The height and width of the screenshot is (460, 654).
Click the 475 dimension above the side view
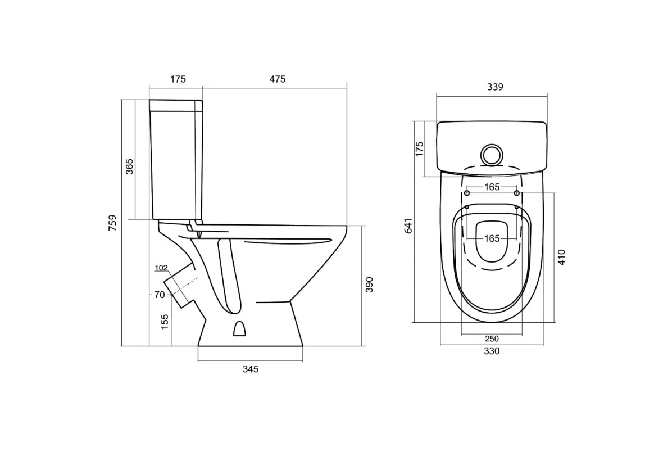click(278, 79)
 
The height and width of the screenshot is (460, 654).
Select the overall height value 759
click(112, 223)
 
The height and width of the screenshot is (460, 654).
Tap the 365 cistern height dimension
click(129, 166)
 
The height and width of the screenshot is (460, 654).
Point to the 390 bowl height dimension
click(369, 285)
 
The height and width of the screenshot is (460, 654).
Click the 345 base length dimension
click(250, 369)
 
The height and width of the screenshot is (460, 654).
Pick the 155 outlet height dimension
click(165, 322)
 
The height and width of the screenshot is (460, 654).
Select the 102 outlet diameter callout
click(161, 268)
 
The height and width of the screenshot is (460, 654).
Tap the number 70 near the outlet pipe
click(160, 295)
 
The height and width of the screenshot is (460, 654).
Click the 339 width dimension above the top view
click(495, 87)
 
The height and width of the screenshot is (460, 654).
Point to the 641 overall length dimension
click(409, 226)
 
